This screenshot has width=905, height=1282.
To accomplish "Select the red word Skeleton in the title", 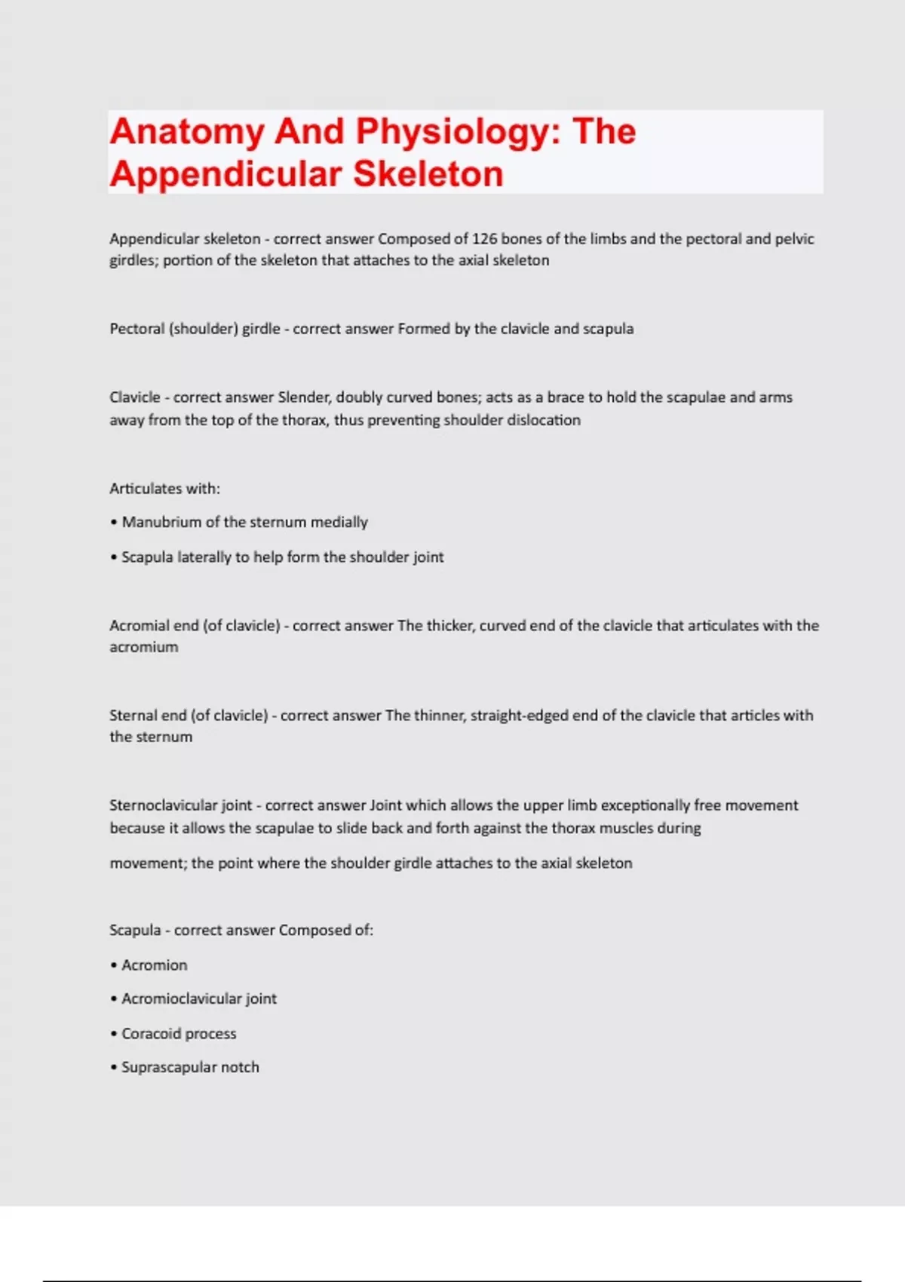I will [428, 174].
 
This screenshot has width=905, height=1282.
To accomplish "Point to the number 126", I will [484, 239].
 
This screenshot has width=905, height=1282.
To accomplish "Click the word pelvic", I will [794, 239].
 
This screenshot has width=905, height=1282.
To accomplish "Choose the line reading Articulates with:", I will [164, 489].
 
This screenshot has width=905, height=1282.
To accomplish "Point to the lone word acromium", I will [144, 647].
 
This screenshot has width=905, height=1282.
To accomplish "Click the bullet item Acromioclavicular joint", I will [199, 998].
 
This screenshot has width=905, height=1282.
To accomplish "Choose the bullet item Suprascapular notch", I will [190, 1067].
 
